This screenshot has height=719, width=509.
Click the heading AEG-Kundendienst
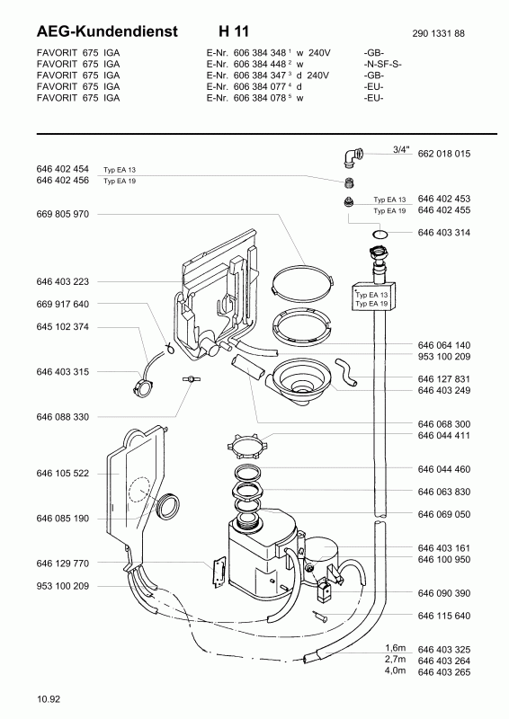coord(107,31)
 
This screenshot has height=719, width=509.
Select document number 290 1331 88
coord(438,33)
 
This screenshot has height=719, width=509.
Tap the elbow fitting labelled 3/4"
coord(352,155)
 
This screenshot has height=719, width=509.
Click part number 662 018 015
coord(444,154)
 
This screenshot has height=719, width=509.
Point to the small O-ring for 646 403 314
coord(380,235)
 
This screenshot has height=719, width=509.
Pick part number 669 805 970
coord(62,214)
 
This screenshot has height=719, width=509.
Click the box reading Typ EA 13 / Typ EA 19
coord(373,297)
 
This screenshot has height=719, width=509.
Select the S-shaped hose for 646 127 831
coord(346,372)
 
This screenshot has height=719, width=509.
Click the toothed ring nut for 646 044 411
coord(246,445)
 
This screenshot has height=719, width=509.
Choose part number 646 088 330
coord(62,417)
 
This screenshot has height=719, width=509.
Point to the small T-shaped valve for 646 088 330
coord(188,379)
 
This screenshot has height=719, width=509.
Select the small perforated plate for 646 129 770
coord(218,571)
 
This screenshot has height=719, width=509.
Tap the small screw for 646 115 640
coord(320,617)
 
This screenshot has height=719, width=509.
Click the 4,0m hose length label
coord(395,670)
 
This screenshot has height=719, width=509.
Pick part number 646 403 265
coord(444,672)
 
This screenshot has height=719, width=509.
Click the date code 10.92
coord(49,699)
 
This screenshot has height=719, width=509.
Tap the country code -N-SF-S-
coord(382,64)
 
